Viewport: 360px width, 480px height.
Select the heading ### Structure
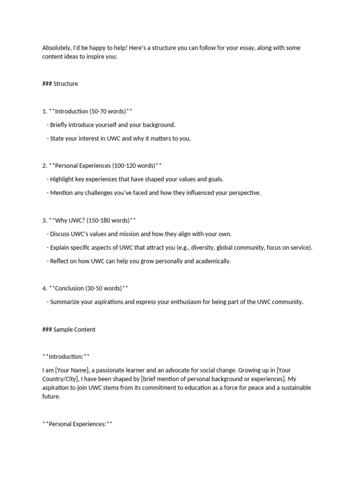[x=60, y=84]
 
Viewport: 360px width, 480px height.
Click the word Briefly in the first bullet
[x=60, y=125]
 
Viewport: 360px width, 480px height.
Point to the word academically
[x=213, y=261]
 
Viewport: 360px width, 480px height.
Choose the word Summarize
[x=65, y=302]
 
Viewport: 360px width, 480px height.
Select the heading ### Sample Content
[x=68, y=329]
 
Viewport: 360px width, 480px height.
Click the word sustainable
[x=291, y=388]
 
